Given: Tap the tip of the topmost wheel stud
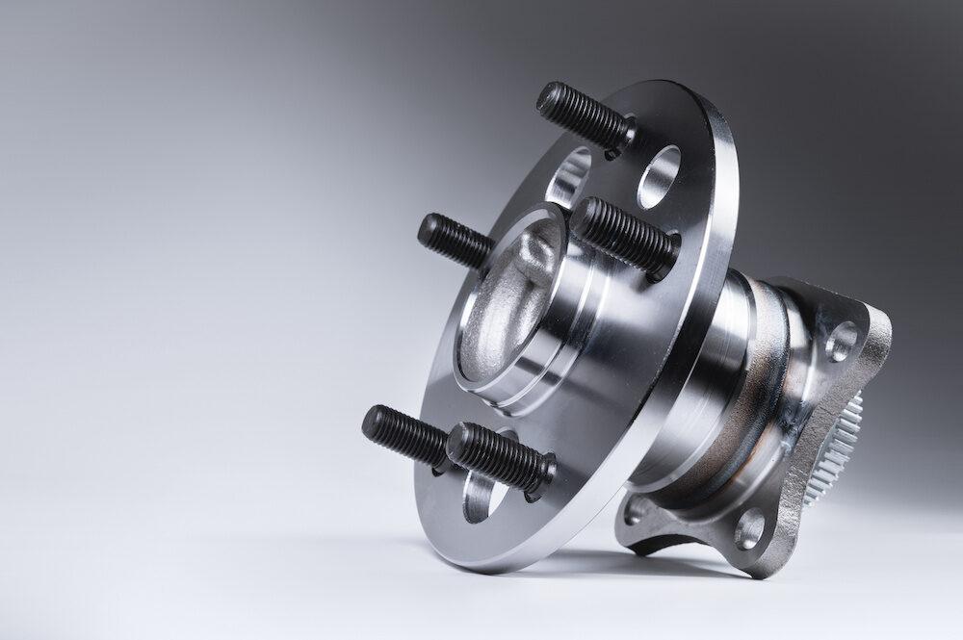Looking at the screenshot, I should pos(546,95).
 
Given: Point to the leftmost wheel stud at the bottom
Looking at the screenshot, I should pos(404,436).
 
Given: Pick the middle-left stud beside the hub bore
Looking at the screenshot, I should pos(455,241).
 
